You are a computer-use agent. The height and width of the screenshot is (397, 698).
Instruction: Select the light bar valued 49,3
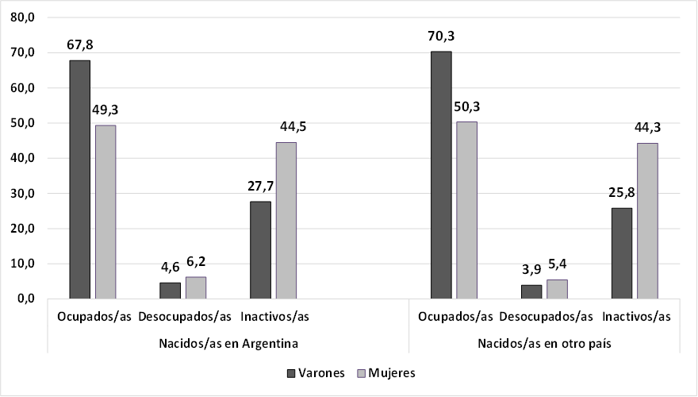105,212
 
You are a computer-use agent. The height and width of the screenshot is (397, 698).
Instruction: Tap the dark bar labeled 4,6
170,291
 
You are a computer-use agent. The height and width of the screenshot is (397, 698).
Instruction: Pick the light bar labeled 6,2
196,287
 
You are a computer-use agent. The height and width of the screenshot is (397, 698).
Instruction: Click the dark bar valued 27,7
260,250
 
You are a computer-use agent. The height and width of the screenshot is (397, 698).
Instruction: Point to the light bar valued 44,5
286,221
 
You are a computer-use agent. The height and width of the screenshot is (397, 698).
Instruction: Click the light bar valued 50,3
467,210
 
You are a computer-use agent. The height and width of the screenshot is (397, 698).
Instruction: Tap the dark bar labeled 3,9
531,291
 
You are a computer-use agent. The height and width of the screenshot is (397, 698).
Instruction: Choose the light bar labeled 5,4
558,289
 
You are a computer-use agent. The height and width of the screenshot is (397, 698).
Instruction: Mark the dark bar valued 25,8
622,253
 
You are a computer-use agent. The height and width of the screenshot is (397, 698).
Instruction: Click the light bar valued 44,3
648,221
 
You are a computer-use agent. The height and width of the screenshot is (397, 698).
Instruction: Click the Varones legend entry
315,372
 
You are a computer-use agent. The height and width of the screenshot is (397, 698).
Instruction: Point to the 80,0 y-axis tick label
21,17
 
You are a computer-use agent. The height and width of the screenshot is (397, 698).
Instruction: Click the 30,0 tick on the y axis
21,194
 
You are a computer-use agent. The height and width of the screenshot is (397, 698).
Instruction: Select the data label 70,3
440,36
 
